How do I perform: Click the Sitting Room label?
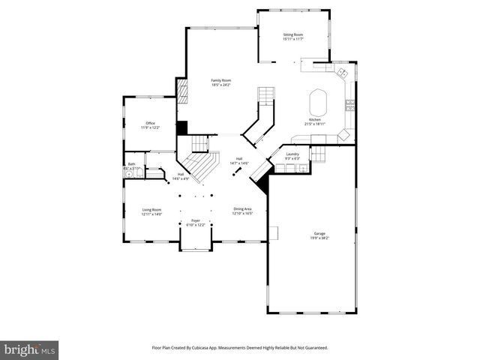[292, 34]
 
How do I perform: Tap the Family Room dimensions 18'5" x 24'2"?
[220, 85]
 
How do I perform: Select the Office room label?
[150, 123]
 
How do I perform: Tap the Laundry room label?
[292, 154]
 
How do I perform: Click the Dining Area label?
[242, 209]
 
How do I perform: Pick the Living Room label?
[151, 210]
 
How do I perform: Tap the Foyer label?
[195, 221]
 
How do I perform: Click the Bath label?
[131, 164]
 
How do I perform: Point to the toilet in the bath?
[129, 174]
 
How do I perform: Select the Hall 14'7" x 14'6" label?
[240, 161]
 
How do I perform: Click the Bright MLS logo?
[30, 349]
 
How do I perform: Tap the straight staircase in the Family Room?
[265, 96]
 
